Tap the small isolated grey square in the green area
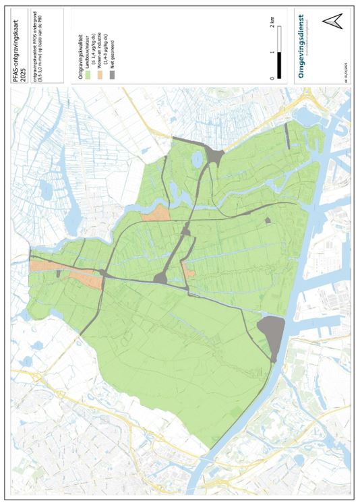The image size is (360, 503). [268, 220]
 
